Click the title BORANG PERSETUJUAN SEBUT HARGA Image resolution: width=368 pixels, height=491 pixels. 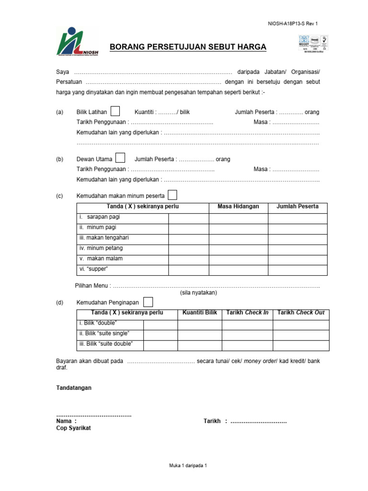[188, 47]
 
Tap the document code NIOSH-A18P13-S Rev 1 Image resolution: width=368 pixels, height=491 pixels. [292, 23]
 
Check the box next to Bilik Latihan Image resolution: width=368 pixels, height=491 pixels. [115, 111]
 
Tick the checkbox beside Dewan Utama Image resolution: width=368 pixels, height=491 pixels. [121, 158]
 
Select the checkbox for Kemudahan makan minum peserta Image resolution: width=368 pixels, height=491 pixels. [172, 195]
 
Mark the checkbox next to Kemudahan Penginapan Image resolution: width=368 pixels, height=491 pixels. [149, 302]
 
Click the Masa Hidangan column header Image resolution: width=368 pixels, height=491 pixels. [238, 207]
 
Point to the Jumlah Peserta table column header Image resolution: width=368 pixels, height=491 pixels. [297, 207]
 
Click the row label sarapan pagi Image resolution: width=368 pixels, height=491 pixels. [102, 217]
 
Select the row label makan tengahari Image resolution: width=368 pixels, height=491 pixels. [104, 238]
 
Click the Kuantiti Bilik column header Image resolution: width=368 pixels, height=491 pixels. [199, 313]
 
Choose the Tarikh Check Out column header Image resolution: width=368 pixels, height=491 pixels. [301, 313]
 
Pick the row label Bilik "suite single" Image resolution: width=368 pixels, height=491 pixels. [104, 334]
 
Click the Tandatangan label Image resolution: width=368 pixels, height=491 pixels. [74, 387]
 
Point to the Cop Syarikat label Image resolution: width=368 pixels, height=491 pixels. [73, 428]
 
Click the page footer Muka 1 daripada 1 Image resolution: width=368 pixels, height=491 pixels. [188, 466]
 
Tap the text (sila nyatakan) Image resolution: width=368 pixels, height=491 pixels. [198, 292]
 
